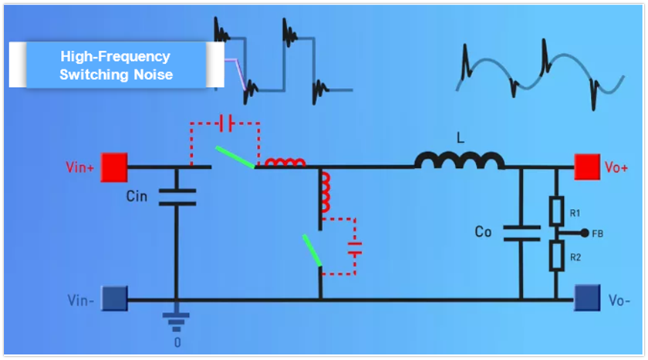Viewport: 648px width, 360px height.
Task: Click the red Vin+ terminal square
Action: pyautogui.click(x=115, y=166)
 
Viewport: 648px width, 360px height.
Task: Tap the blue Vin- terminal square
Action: pyautogui.click(x=115, y=297)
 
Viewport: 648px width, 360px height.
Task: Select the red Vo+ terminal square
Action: pyautogui.click(x=586, y=166)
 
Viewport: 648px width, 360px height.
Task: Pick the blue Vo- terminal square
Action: pyautogui.click(x=586, y=297)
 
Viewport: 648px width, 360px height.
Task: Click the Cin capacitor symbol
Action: pyautogui.click(x=176, y=197)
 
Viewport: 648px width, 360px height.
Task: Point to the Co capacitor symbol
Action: pyautogui.click(x=521, y=233)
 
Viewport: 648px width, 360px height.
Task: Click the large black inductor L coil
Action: pyautogui.click(x=460, y=160)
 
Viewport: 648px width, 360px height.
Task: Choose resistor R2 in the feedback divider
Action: pyautogui.click(x=556, y=255)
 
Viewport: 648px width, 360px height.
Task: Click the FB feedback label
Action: pyautogui.click(x=597, y=232)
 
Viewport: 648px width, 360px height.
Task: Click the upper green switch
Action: pyautogui.click(x=235, y=156)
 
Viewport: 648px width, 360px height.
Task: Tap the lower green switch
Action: pyautogui.click(x=311, y=251)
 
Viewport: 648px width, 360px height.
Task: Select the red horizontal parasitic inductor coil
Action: pyautogui.click(x=285, y=163)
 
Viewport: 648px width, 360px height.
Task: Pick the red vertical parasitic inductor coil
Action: pyautogui.click(x=323, y=193)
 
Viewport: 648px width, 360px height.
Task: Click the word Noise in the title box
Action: pyautogui.click(x=154, y=75)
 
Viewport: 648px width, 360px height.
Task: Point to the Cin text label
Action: pyautogui.click(x=137, y=196)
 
